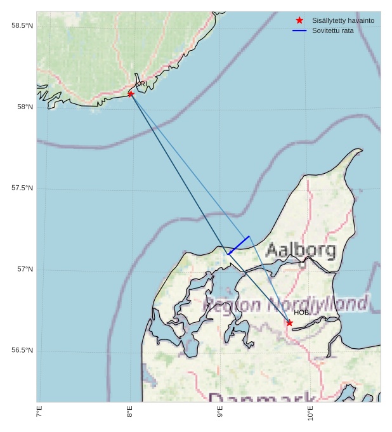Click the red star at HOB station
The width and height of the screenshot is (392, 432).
(289, 323)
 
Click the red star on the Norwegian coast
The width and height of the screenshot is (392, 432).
(131, 94)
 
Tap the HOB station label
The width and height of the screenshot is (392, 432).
(301, 313)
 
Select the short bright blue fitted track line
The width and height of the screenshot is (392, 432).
(238, 245)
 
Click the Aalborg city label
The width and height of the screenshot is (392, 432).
(301, 249)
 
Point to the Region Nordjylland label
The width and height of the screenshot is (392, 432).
(285, 304)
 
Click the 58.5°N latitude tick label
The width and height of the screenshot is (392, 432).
(22, 25)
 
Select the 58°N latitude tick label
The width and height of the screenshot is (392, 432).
(25, 107)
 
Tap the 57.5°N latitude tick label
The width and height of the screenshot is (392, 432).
(22, 188)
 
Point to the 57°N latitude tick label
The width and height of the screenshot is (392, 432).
(25, 269)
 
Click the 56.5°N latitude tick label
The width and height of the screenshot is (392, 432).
(22, 350)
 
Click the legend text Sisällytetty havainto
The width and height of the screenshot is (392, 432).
(343, 20)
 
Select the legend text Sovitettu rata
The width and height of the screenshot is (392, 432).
(334, 30)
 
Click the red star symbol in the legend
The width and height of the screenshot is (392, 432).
(299, 20)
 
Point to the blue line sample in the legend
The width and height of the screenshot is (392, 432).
(299, 30)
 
